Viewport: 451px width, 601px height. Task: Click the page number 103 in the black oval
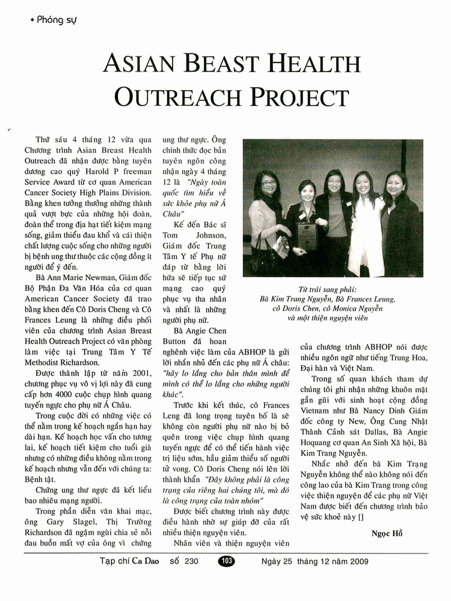(x=227, y=561)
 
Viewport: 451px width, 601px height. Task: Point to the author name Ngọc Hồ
(x=387, y=534)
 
